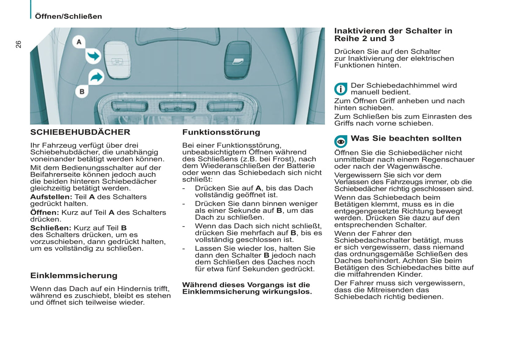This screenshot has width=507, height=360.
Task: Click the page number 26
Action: tap(18, 44)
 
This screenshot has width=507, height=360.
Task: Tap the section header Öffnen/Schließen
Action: tap(68, 16)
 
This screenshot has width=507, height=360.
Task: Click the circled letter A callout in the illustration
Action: tap(79, 42)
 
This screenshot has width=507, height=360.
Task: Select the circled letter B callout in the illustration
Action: tap(82, 92)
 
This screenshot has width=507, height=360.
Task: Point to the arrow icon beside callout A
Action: tap(93, 56)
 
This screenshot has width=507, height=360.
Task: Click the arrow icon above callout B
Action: tap(96, 77)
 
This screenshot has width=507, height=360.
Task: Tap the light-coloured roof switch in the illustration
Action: tap(117, 60)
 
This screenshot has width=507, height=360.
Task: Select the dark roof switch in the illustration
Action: tap(238, 60)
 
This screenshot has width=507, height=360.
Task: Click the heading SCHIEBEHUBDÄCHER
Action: tap(80, 132)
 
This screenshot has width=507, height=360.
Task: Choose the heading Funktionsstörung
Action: tap(221, 132)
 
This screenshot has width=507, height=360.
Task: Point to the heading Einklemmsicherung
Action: tap(74, 275)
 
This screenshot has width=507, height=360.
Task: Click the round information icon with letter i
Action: tap(340, 89)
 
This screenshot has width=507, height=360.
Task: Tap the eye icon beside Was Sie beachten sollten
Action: tap(340, 141)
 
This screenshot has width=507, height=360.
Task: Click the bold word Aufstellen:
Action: tap(51, 197)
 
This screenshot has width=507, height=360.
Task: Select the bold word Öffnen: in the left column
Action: tap(45, 213)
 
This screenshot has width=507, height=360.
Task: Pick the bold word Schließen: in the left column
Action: tap(51, 228)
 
